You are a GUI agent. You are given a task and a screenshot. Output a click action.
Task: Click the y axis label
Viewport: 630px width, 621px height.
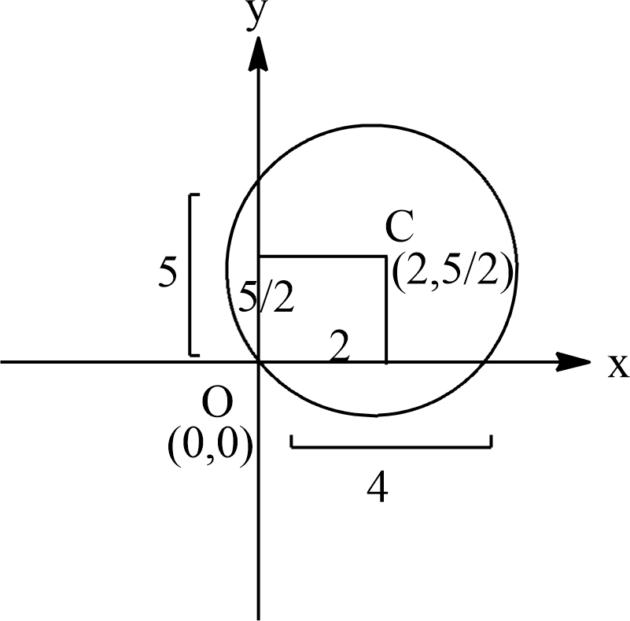pos(254,16)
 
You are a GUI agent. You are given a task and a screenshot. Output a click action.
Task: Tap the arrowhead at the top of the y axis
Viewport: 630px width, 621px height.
pos(259,52)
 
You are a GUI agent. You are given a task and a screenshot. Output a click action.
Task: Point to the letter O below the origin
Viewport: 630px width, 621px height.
pos(217,404)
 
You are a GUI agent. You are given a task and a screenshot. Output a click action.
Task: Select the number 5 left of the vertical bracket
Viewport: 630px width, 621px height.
pos(168,273)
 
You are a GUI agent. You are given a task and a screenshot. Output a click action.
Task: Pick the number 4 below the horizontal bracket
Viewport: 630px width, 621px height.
pos(377,489)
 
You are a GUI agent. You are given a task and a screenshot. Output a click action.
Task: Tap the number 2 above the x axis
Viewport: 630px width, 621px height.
pos(339,347)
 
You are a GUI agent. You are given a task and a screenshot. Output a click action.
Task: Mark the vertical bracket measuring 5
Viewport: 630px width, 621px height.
pos(191,273)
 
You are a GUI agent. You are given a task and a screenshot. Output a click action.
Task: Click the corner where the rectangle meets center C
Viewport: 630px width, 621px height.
pos(385,256)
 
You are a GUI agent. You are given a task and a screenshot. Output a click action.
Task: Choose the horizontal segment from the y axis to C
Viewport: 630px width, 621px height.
pos(322,256)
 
